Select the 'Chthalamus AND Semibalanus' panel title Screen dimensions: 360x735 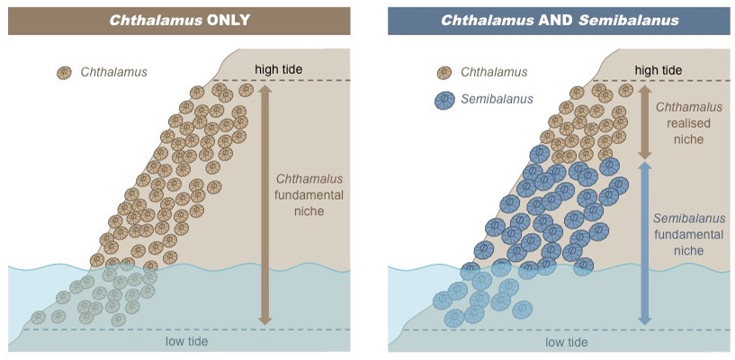pos(560,20)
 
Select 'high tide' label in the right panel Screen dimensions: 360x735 pos(659,69)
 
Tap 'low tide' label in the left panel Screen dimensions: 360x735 pos(187,341)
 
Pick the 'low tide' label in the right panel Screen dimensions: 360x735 pos(567,342)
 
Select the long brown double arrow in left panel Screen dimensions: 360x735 pos(264,203)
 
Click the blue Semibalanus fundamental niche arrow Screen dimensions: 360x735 pos(644,243)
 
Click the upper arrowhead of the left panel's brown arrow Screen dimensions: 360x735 pos(264,88)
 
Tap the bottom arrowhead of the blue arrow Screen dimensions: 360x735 pos(644,318)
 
